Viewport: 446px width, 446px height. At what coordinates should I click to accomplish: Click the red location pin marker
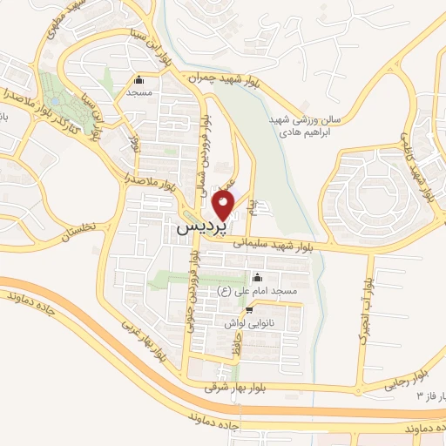click(x=224, y=206)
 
